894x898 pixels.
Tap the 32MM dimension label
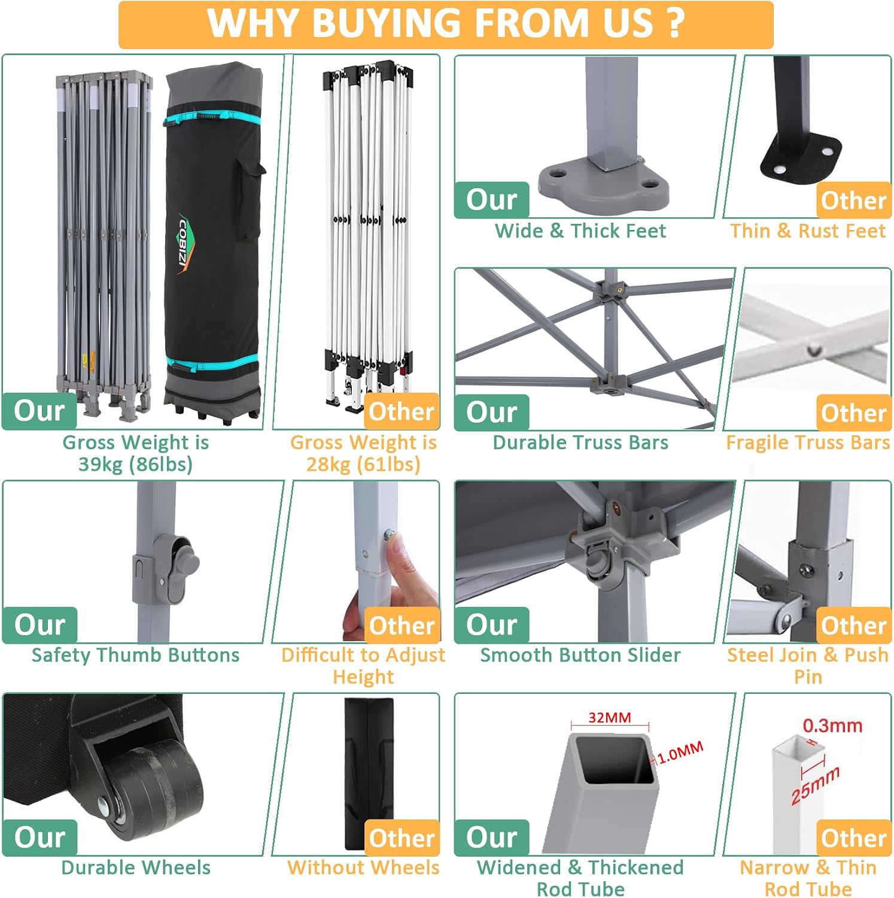click(609, 717)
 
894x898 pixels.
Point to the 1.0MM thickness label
click(680, 753)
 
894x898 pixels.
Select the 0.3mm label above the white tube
click(832, 726)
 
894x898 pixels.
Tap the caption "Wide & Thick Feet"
click(580, 230)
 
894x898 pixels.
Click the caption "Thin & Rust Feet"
click(808, 230)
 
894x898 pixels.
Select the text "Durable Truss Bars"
click(580, 442)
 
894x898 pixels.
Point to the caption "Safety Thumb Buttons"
click(136, 655)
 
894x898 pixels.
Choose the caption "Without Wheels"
click(363, 867)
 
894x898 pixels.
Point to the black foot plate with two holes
click(801, 157)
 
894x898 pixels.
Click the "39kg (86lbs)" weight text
click(136, 465)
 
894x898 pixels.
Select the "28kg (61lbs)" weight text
click(363, 465)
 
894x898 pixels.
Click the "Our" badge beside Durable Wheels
click(40, 837)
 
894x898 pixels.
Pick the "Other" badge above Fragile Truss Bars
click(854, 412)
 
